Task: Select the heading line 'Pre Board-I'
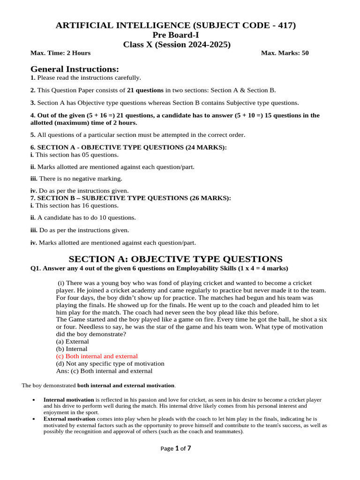coord(176,35)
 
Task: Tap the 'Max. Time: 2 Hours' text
coord(60,53)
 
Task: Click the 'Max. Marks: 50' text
coord(285,53)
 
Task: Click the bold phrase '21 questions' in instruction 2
coord(145,90)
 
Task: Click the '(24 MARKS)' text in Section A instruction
coord(206,147)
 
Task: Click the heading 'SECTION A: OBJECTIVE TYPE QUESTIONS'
coord(176,259)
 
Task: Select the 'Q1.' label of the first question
coord(36,268)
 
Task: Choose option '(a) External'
coord(72,342)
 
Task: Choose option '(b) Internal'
coord(72,349)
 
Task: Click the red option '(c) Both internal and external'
coord(97,356)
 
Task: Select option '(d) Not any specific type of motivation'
coord(110,363)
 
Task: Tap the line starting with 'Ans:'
coord(104,371)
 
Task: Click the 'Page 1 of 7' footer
coord(176,448)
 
